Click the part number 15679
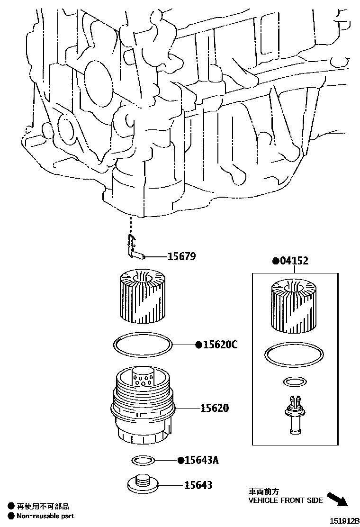pos(181,257)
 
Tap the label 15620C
pos(220,345)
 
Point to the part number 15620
pos(214,408)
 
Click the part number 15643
pos(198,485)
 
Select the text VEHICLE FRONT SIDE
pos(286,500)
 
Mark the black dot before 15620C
pos(199,345)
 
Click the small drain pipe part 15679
pos(135,249)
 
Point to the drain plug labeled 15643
pos(142,483)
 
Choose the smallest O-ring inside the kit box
pos(295,382)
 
